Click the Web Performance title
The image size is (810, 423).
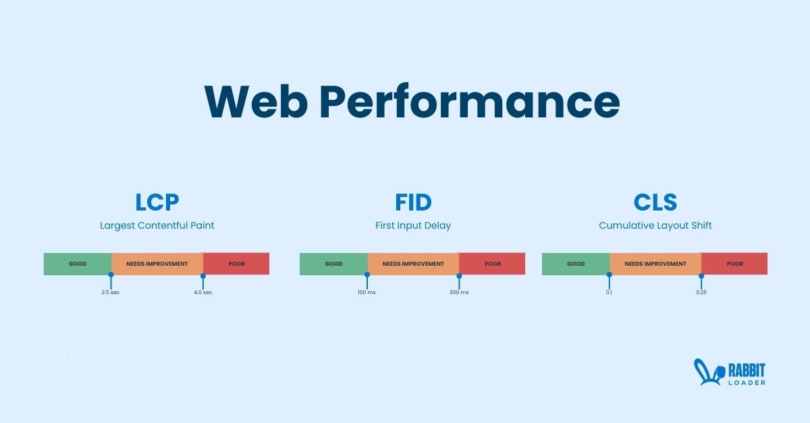coord(412,101)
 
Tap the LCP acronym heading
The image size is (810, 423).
coord(157,202)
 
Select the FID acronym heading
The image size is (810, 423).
coord(413,202)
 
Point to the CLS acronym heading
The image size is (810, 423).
coord(655,202)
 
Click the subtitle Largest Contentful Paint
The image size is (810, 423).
coord(157,225)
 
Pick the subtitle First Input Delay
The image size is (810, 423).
coord(413,225)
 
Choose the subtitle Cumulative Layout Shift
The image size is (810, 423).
coord(655,225)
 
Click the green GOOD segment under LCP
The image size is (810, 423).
coord(78,264)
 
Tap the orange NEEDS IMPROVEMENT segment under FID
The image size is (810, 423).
coord(413,264)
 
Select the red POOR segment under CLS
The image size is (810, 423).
coord(734,264)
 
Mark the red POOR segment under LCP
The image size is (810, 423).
coord(236,264)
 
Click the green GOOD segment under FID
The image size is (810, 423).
coord(333,264)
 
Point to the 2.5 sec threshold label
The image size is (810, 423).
coord(110,292)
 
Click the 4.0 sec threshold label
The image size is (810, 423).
coord(203,292)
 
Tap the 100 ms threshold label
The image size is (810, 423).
coord(367,292)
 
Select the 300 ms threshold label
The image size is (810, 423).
coord(459,292)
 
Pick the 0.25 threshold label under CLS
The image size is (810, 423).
coord(701,292)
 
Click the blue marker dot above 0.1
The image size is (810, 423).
coord(610,275)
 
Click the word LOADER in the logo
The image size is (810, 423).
coord(747,383)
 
